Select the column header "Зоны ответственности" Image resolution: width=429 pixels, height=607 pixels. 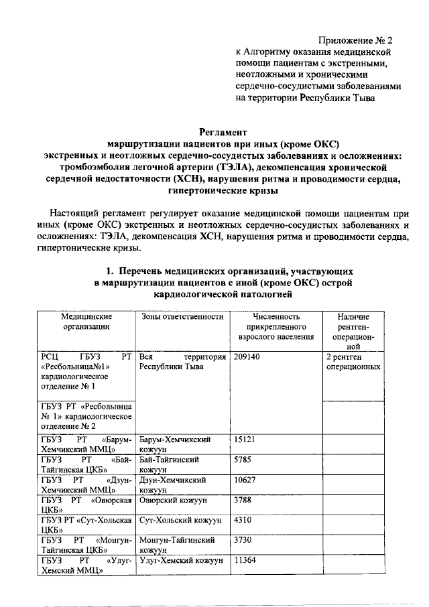(181, 316)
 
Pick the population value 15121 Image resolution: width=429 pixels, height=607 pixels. (245, 440)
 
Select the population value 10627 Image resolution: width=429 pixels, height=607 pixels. (245, 480)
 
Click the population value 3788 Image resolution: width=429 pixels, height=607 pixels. (243, 500)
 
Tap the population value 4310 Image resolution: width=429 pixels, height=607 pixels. (243, 520)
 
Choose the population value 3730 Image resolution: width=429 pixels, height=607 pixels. (243, 540)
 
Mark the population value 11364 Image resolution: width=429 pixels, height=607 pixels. (245, 560)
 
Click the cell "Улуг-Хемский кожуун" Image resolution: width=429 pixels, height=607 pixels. (180, 560)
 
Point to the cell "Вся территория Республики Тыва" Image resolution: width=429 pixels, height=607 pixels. (181, 362)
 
